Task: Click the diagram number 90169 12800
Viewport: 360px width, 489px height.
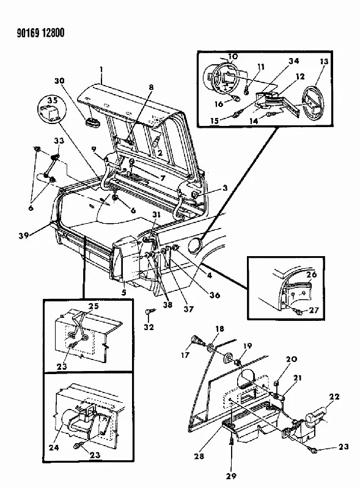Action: (41, 33)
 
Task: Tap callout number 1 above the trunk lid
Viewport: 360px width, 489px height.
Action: (101, 69)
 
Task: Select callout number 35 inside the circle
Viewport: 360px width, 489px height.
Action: (52, 100)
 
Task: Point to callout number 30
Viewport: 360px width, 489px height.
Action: (59, 81)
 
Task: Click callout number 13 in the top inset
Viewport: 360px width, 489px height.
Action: (324, 62)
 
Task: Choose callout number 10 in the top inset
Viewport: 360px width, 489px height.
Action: (233, 56)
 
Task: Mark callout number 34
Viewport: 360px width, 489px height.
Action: (293, 61)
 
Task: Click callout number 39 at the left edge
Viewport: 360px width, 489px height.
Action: (24, 235)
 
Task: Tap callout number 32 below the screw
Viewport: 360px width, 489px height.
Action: (149, 327)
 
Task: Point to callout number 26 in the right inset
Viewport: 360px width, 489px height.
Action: (311, 274)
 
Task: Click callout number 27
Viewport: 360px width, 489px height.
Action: (314, 310)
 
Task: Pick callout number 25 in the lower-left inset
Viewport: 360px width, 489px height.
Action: (94, 306)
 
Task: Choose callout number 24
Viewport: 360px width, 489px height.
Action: (53, 447)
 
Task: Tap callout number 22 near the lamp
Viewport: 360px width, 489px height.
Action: (334, 396)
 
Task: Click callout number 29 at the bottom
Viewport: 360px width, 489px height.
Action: (231, 476)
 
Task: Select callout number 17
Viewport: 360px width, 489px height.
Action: (185, 355)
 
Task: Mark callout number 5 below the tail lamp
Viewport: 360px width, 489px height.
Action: (124, 293)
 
